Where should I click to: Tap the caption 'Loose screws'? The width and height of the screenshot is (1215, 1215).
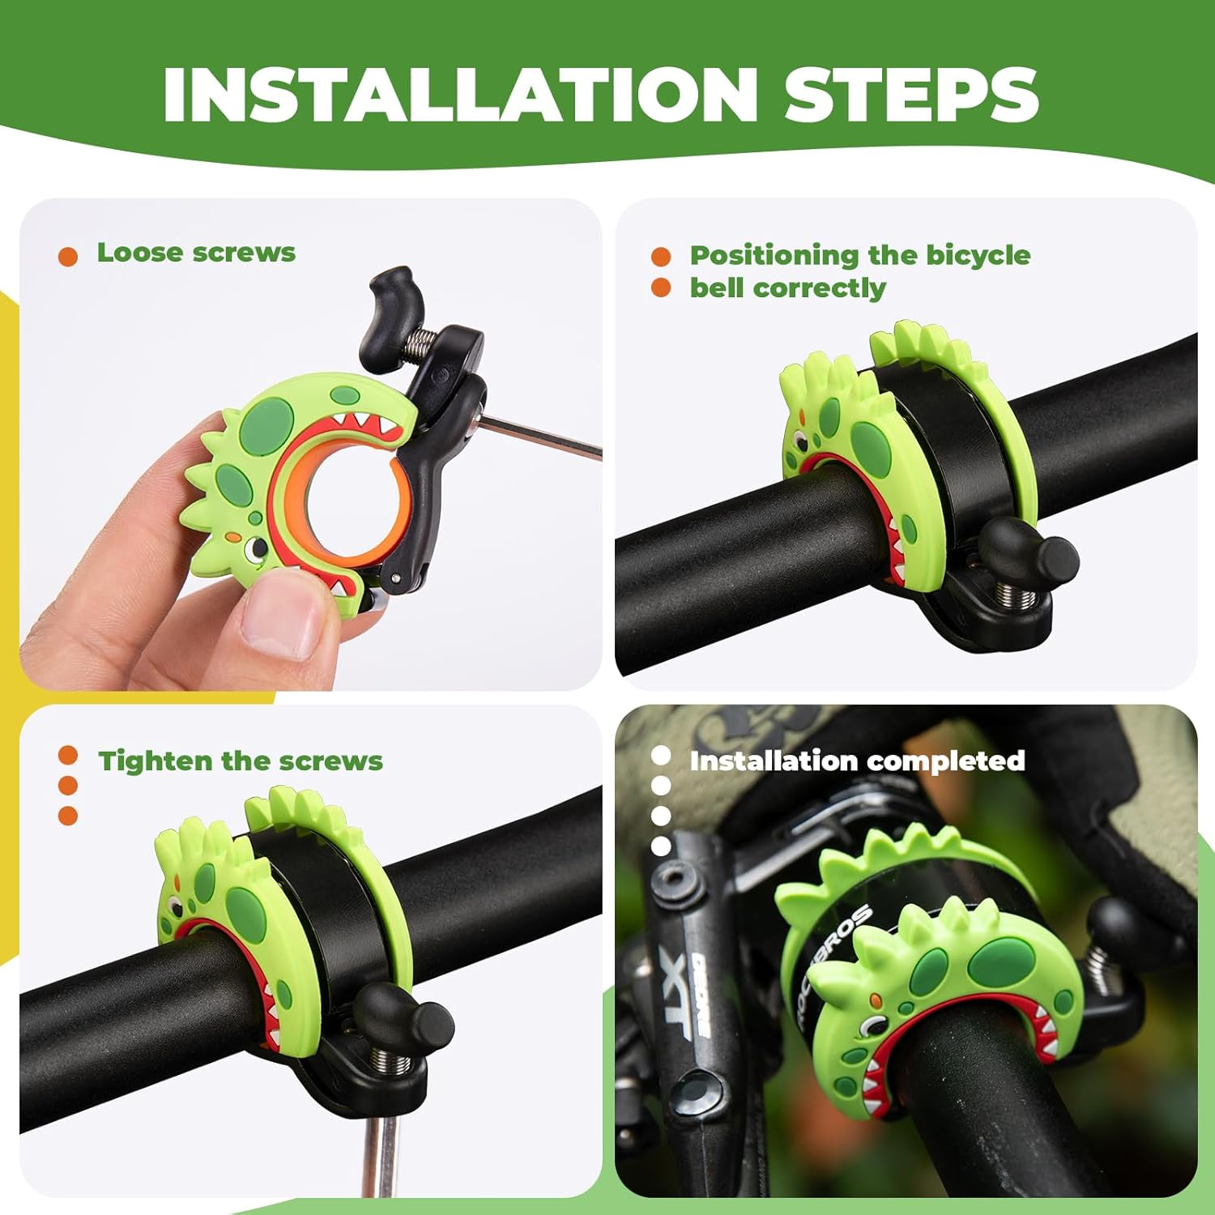196,253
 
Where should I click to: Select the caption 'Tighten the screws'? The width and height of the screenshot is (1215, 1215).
241,761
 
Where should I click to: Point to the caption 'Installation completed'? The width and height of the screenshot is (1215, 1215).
857,761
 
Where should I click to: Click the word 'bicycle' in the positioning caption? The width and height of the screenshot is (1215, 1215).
978,255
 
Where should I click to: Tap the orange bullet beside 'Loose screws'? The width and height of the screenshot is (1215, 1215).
68,257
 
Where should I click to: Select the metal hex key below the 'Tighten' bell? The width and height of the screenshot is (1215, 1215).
379,1150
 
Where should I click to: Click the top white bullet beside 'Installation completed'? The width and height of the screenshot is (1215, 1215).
661,756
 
